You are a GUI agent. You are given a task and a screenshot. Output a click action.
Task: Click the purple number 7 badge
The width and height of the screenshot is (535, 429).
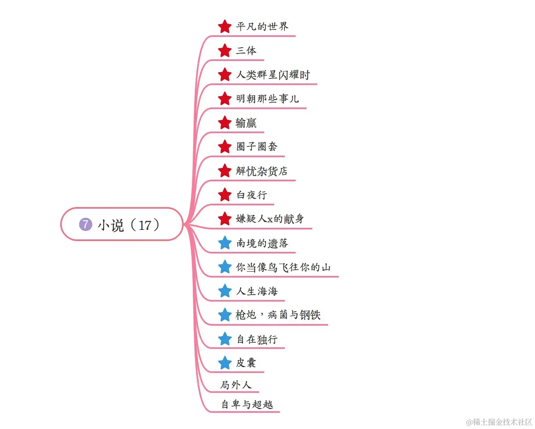(85, 224)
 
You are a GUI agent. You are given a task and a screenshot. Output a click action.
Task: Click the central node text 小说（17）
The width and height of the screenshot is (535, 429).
(129, 225)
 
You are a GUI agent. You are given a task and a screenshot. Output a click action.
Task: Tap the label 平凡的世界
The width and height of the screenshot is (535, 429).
(262, 27)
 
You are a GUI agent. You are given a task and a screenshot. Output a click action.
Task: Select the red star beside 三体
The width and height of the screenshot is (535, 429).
(225, 51)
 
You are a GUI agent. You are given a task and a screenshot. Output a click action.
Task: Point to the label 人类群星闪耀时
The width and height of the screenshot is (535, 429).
(273, 75)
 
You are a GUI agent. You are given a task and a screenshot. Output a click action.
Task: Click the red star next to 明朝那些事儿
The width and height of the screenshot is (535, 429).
(225, 99)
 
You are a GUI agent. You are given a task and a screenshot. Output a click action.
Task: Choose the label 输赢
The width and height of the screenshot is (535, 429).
(246, 123)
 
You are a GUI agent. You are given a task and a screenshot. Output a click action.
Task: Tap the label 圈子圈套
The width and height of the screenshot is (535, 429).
(257, 146)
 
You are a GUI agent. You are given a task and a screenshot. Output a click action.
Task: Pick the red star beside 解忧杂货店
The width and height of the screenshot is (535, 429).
(225, 171)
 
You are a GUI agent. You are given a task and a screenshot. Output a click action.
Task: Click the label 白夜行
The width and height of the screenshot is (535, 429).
(252, 195)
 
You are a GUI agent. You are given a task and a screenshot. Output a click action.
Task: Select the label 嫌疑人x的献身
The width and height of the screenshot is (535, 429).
(270, 219)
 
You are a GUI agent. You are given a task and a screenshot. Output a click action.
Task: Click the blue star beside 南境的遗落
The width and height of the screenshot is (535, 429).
(225, 243)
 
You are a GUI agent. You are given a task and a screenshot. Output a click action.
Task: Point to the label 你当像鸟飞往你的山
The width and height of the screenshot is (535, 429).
(283, 267)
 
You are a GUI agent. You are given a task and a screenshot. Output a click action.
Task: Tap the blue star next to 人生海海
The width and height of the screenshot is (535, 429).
(225, 291)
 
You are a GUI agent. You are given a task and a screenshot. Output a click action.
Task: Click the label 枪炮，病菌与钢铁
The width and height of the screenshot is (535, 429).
(278, 315)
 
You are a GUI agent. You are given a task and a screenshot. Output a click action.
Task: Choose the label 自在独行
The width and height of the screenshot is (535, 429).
(257, 339)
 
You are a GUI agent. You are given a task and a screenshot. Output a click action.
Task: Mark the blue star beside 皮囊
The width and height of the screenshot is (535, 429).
(225, 363)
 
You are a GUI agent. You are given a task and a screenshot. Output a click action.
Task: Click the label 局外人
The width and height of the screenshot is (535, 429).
(236, 385)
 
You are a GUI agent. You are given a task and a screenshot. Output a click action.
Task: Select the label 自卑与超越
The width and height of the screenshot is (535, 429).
(247, 404)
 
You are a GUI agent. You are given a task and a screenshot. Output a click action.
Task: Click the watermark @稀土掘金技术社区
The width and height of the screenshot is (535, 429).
(499, 422)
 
